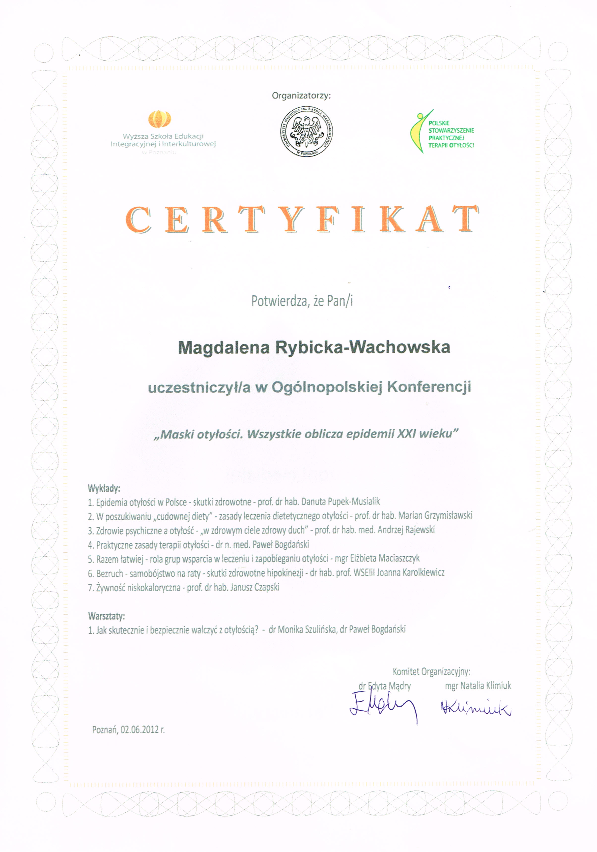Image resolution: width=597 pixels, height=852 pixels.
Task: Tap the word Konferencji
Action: coord(429,387)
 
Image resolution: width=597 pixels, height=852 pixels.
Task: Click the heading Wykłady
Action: coord(104,488)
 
